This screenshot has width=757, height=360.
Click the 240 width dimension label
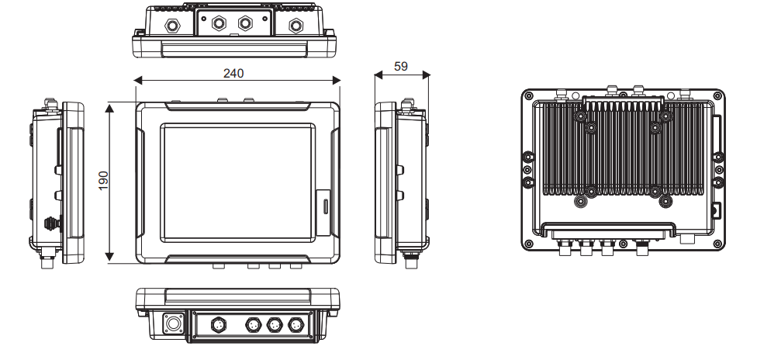coord(233,73)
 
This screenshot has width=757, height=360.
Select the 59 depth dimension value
coord(401,67)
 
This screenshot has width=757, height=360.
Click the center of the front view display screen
coord(238,180)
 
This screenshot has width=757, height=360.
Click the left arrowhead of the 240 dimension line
coord(137,80)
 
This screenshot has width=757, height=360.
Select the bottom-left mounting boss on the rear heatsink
coord(579,201)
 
